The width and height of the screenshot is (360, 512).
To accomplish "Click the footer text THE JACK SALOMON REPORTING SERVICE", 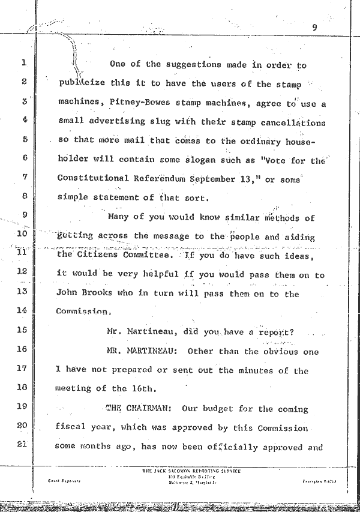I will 191,471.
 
